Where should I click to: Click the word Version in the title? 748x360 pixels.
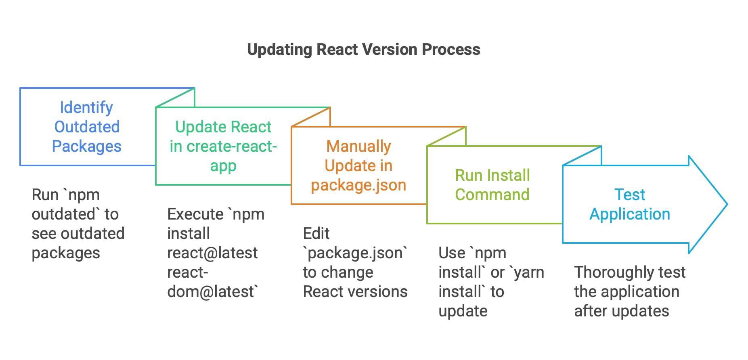[x=390, y=50]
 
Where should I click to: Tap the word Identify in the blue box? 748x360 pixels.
[x=86, y=107]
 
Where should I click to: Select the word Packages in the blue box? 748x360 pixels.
[x=86, y=146]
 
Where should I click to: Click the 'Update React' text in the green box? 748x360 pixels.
[x=223, y=127]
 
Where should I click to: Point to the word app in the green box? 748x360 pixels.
[x=223, y=166]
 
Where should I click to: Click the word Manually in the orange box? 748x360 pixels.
[x=358, y=146]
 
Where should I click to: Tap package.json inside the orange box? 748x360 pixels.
[x=358, y=185]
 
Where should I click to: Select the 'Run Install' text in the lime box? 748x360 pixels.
[x=492, y=175]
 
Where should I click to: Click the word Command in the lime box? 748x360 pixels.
[x=492, y=195]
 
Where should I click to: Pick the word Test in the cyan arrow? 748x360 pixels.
[x=629, y=195]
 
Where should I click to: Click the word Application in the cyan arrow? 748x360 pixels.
[x=629, y=214]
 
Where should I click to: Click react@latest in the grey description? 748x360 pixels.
[x=212, y=253]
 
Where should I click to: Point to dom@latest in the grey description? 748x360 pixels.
[x=211, y=292]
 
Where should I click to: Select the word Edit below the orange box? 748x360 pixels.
[x=316, y=234]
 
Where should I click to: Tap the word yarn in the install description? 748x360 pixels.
[x=529, y=272]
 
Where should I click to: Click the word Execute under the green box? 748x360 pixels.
[x=195, y=214]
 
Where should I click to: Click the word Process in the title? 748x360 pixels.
[x=451, y=50]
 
